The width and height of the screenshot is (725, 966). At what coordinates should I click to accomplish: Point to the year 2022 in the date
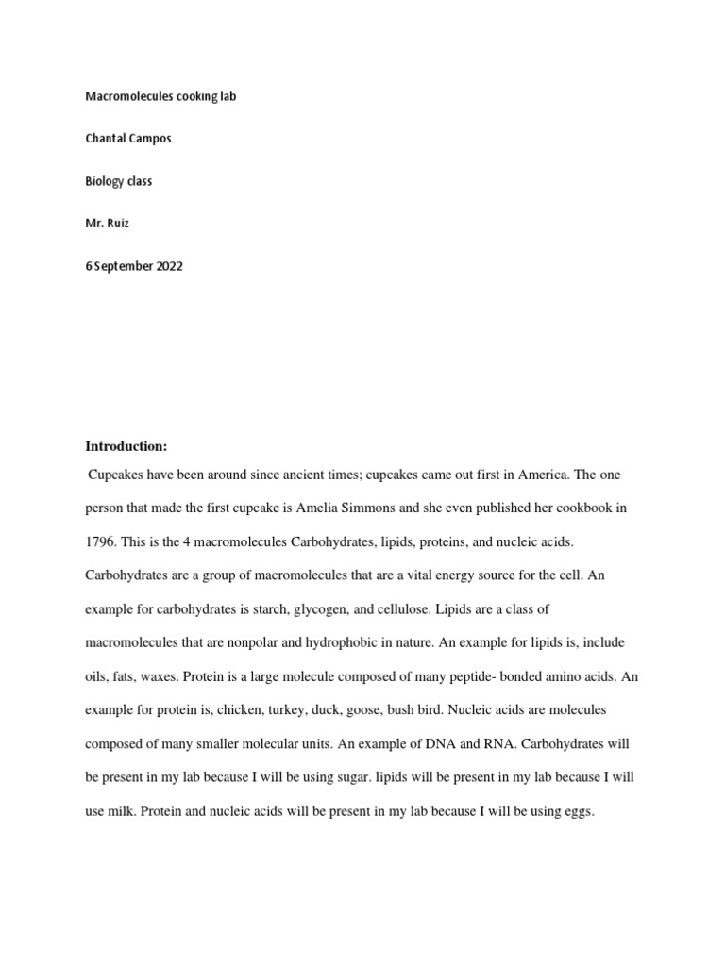pos(167,266)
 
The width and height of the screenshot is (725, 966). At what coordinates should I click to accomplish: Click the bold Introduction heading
pos(126,446)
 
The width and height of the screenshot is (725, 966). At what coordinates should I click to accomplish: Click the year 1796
pos(100,541)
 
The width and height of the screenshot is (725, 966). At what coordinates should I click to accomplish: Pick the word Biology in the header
pos(104,181)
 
